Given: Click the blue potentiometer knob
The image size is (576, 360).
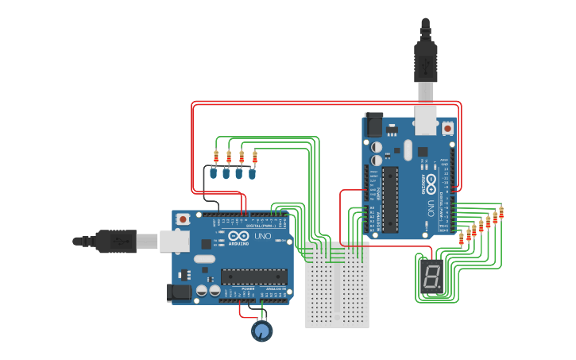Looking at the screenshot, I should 261,331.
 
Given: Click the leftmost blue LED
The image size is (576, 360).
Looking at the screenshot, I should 214,172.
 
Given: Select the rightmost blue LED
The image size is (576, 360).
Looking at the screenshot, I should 253,172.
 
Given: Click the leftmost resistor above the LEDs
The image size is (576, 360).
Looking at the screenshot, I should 216,156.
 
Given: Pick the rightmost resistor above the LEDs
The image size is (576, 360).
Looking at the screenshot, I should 254,156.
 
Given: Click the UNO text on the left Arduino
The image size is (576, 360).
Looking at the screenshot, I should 262,237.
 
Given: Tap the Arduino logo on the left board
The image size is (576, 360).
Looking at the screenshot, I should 238,236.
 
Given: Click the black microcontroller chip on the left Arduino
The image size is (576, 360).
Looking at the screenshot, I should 253,277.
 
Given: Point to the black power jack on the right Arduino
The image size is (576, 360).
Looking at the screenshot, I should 373,126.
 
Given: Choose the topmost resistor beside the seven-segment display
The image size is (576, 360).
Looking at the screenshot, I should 501,212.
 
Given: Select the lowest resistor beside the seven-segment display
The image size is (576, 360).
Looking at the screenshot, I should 462,238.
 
